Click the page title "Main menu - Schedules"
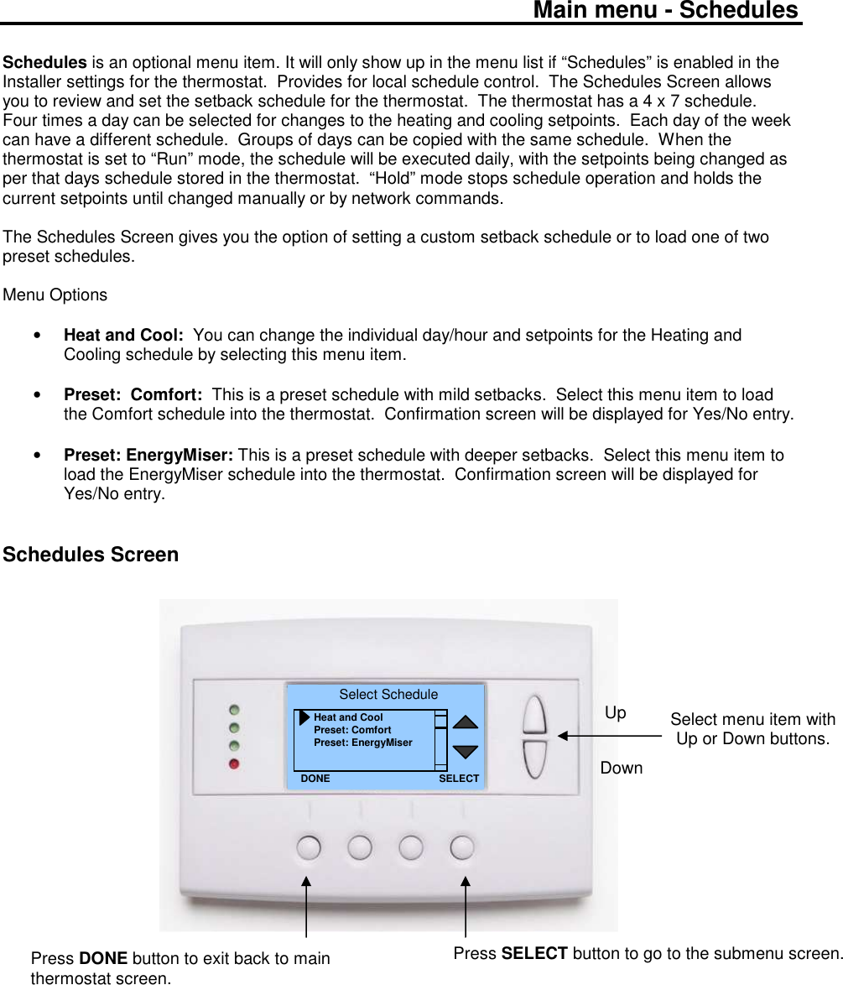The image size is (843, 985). point(665,11)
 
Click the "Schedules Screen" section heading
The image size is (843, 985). point(91,555)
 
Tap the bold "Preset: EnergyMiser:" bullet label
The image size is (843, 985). point(148,456)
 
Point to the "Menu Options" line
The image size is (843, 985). point(55,295)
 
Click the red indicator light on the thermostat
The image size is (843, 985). point(234,764)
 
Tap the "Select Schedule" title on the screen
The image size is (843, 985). point(388,695)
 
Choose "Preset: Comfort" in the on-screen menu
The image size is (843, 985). point(352,730)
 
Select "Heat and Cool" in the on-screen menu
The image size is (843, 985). point(348,717)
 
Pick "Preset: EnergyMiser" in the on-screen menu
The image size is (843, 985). point(363,743)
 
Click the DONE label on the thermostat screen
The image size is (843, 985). point(315,779)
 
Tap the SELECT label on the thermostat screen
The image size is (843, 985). point(459,779)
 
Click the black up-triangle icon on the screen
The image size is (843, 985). point(466,722)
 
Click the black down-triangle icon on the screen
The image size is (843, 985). point(466,752)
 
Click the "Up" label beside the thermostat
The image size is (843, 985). point(616,713)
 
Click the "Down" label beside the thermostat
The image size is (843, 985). point(622,768)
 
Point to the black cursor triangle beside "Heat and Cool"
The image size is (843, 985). point(304,718)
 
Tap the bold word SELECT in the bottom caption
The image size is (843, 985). point(533,953)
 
